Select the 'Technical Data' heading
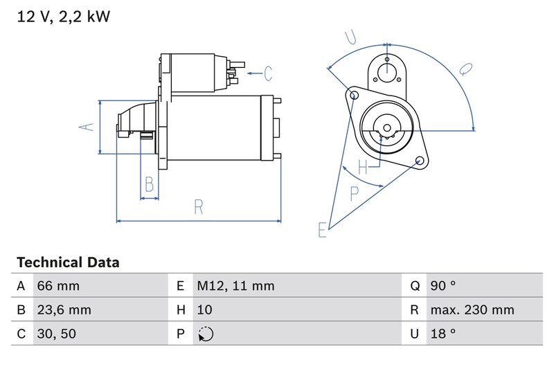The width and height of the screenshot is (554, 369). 68,263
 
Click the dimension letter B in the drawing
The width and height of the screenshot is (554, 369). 149,184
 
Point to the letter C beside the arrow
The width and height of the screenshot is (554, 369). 267,72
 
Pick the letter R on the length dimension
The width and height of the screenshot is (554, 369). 199,206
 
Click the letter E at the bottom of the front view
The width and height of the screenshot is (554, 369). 321,230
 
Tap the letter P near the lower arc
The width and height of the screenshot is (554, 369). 355,193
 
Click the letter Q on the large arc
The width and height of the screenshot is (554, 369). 465,70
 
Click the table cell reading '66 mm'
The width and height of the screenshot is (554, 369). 58,286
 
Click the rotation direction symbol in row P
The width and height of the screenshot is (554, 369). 206,334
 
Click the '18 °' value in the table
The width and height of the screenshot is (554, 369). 443,334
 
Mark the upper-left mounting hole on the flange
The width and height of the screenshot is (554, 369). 355,95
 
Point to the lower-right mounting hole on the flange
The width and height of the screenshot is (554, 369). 420,161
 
